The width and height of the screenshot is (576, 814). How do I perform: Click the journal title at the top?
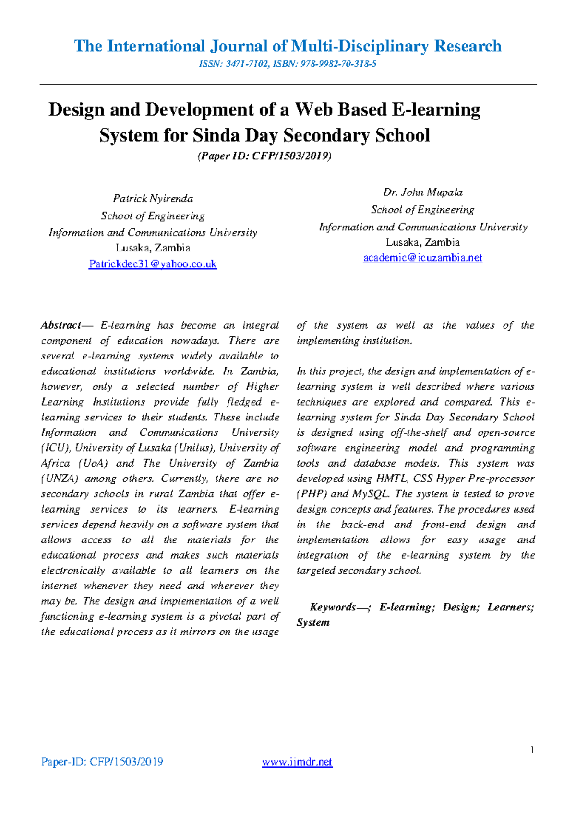click(288, 46)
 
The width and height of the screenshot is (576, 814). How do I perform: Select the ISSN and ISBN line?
click(288, 64)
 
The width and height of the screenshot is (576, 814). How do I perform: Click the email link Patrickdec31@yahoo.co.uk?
click(153, 264)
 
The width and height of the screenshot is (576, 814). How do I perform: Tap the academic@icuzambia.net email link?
click(422, 258)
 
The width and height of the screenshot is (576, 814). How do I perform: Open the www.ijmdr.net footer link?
click(297, 762)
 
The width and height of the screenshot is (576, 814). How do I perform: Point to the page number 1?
click(532, 750)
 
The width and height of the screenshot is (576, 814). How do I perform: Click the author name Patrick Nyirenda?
click(153, 198)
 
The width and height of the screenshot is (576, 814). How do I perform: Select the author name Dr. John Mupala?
click(422, 192)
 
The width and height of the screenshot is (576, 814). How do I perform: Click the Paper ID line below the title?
click(264, 156)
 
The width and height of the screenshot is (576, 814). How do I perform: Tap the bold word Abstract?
click(60, 325)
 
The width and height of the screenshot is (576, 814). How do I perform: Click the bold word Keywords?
click(333, 607)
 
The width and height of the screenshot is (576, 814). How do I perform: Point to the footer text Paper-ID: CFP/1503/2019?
click(102, 762)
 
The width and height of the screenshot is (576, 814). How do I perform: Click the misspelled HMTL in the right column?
click(392, 479)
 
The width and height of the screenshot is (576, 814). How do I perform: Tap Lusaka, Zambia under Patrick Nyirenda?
click(153, 248)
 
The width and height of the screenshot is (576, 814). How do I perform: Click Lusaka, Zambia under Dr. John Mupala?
click(422, 242)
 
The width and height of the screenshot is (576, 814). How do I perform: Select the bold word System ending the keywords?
click(313, 622)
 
